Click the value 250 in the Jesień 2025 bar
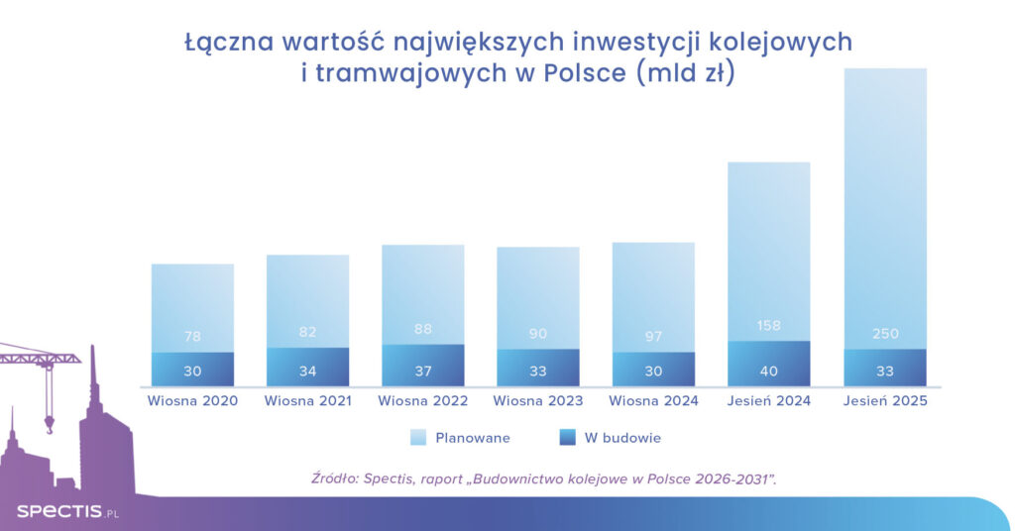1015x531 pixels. point(885,334)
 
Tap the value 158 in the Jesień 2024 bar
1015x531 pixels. point(769,325)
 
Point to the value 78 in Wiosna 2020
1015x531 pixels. point(192,337)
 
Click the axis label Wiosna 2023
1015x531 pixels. point(538,401)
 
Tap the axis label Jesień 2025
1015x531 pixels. point(884,401)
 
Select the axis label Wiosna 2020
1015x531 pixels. point(192,401)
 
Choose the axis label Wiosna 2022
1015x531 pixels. point(423,401)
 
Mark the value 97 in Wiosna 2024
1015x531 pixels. point(653,337)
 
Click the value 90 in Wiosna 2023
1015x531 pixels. point(538,334)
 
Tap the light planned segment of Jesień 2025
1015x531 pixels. point(884,198)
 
